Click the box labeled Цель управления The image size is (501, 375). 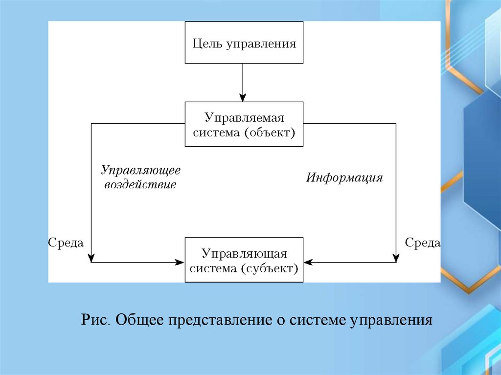[x=244, y=43]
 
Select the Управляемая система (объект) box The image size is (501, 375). [x=244, y=124]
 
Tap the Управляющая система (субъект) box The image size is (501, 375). [x=244, y=260]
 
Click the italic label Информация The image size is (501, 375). [x=344, y=177]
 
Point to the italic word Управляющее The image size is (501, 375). [x=141, y=170]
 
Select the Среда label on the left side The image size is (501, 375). [x=66, y=243]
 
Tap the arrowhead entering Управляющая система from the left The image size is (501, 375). [x=181, y=263]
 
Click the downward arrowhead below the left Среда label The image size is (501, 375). [x=91, y=258]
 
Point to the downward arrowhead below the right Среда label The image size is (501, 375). [x=396, y=258]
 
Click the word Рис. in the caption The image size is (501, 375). [x=96, y=321]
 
